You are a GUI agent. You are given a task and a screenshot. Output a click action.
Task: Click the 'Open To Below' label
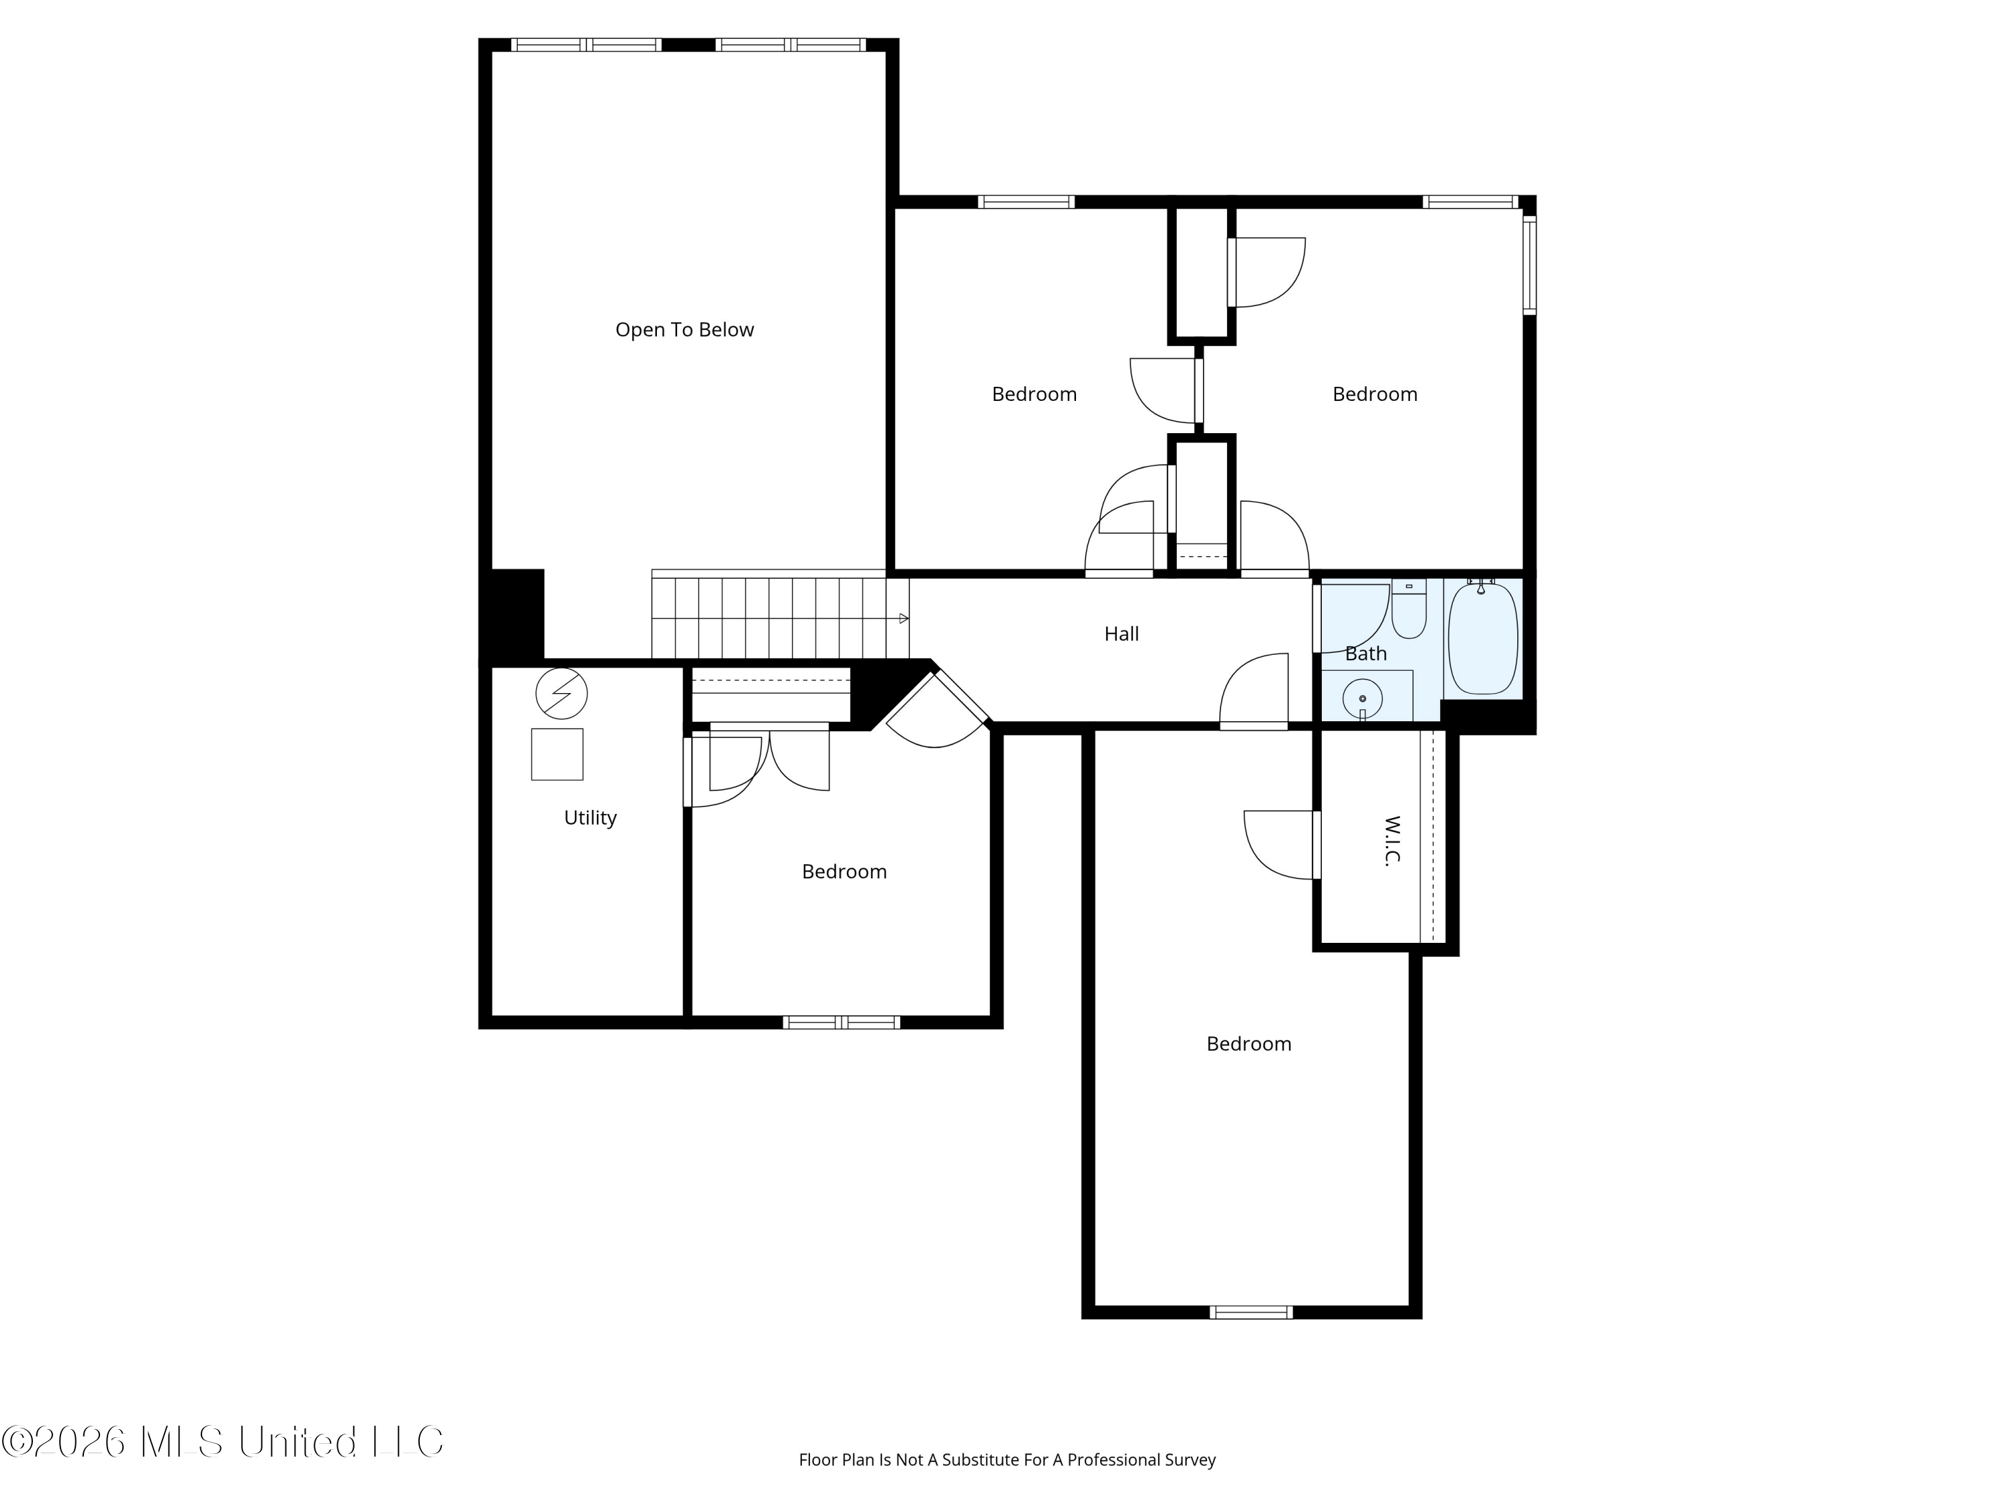[684, 330]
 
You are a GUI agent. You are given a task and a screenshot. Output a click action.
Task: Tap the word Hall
[1122, 634]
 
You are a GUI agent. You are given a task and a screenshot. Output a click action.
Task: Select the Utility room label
[590, 818]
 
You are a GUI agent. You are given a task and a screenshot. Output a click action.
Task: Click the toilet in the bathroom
[1409, 608]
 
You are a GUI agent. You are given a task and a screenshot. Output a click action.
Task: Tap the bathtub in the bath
[1483, 637]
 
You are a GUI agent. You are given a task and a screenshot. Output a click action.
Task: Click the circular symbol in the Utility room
[561, 694]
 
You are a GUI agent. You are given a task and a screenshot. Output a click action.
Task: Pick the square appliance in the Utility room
[557, 754]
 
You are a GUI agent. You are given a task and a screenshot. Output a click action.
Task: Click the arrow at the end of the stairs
[903, 619]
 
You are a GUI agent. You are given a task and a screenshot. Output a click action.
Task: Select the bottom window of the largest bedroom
[1251, 1312]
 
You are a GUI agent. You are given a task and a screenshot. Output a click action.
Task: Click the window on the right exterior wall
[1529, 265]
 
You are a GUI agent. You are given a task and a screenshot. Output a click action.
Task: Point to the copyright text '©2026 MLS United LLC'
[223, 1441]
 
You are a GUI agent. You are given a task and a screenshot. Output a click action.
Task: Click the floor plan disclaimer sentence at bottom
[1007, 1485]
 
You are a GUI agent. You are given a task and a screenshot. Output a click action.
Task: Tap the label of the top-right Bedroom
[1375, 394]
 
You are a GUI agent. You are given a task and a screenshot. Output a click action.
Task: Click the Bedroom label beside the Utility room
[844, 872]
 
